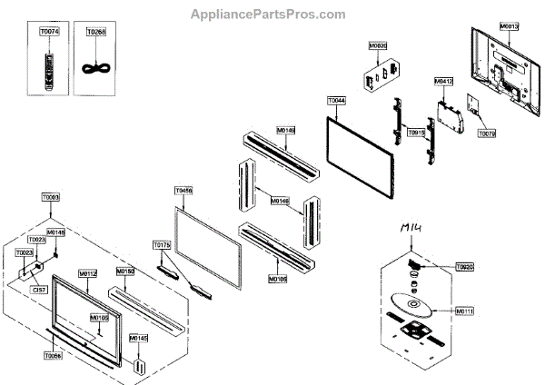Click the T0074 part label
[47, 32]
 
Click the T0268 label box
[95, 32]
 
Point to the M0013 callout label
[509, 27]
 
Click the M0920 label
[378, 44]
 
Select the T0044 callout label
[335, 100]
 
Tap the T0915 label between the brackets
[418, 132]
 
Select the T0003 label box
[51, 197]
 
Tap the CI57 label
[39, 290]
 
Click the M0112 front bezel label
[87, 272]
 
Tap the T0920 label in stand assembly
[464, 268]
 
